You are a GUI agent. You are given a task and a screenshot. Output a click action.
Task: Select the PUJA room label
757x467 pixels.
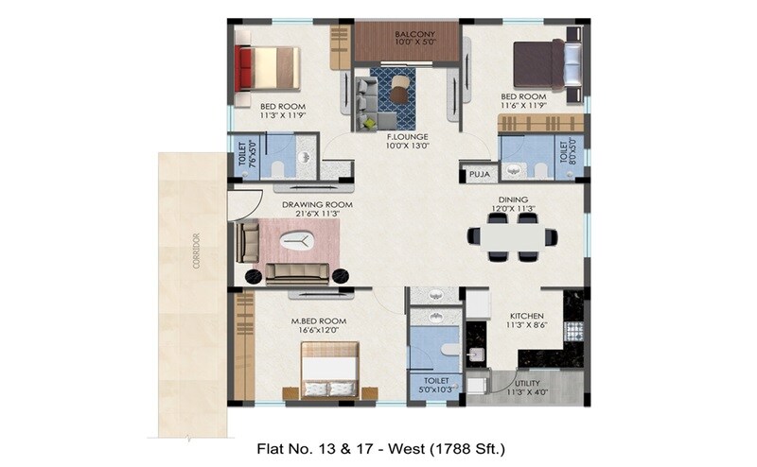pos(479,174)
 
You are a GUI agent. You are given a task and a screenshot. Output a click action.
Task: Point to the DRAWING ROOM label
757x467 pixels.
pos(316,204)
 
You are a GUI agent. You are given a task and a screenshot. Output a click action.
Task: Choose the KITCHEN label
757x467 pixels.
pos(528,316)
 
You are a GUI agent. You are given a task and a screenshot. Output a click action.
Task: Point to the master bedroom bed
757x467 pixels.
pos(328,371)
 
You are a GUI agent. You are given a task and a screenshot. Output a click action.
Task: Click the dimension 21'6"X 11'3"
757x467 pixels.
pos(316,214)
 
